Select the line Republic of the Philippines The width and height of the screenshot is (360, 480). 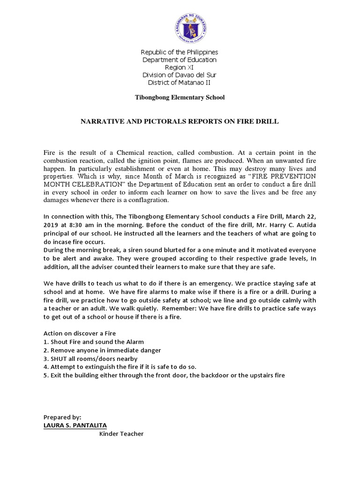[180, 52]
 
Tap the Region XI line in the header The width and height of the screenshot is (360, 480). [180, 67]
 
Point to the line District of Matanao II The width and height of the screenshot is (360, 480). [180, 83]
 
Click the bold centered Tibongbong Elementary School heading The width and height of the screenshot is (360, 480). [180, 97]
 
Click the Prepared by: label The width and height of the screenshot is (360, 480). [62, 417]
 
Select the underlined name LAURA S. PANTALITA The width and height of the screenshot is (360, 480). [75, 425]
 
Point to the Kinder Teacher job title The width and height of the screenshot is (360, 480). [121, 434]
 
